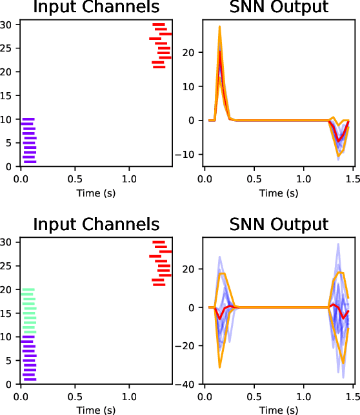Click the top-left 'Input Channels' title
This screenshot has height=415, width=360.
pos(96,8)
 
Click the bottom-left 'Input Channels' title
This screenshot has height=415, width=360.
pos(96,224)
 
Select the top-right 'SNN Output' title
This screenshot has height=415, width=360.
pos(279,8)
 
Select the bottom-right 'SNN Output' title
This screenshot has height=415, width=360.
pos(279,224)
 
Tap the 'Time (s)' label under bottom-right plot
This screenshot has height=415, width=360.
pos(279,410)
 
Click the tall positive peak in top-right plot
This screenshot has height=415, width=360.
pos(220,27)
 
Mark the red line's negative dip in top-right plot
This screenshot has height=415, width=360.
pos(338,140)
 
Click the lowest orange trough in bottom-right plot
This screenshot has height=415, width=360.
pos(220,367)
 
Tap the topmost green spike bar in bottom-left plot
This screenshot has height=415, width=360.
pos(28,290)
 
